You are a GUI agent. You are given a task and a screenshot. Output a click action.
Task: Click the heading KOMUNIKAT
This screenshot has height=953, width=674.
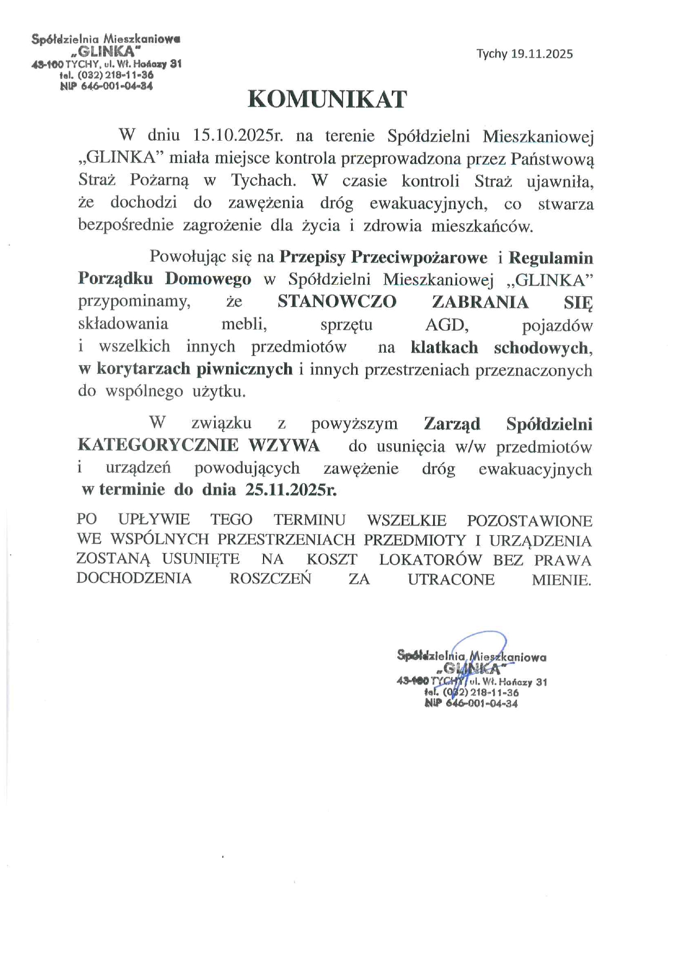(327, 99)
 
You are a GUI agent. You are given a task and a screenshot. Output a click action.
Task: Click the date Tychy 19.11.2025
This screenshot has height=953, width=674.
(525, 54)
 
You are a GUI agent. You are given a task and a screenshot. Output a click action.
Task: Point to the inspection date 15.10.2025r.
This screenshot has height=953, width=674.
(238, 135)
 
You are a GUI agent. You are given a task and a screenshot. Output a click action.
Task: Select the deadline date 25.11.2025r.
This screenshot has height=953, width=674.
(291, 490)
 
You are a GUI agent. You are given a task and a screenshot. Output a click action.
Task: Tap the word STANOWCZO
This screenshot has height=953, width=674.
(337, 302)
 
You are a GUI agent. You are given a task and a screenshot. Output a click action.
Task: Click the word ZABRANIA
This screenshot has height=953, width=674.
(480, 302)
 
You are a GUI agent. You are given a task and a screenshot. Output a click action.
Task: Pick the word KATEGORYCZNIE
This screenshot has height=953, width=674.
(158, 446)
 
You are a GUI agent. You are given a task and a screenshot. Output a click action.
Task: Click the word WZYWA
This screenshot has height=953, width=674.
(284, 446)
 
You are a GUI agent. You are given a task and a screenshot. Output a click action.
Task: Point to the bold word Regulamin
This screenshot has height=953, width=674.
(551, 257)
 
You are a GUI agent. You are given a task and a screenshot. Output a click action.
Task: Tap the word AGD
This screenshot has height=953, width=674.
(447, 325)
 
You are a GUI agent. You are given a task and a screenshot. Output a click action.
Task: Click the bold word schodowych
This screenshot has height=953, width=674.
(541, 348)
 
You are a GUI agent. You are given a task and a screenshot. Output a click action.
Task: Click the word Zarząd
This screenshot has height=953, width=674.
(452, 424)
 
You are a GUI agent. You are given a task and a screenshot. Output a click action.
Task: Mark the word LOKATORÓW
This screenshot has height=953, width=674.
(430, 560)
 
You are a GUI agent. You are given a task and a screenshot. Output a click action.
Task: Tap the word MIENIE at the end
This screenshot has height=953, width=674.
(561, 580)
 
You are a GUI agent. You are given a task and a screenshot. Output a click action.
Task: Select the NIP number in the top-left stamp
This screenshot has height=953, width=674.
(107, 86)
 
